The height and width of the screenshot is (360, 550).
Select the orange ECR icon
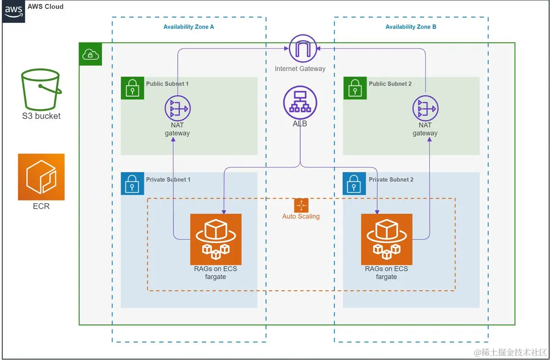pyautogui.click(x=41, y=177)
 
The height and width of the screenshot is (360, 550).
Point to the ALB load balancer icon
pyautogui.click(x=300, y=103)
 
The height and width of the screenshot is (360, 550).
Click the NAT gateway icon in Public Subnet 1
pyautogui.click(x=177, y=109)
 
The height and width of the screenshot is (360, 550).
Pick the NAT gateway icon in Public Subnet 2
pyautogui.click(x=425, y=109)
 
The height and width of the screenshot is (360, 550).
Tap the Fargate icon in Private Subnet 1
pyautogui.click(x=216, y=239)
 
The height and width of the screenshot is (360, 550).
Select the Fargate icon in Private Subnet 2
pyautogui.click(x=386, y=239)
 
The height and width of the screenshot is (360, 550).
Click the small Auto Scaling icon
pyautogui.click(x=301, y=205)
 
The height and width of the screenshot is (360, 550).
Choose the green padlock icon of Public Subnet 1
pyautogui.click(x=132, y=88)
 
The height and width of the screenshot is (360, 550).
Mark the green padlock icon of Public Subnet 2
pyautogui.click(x=355, y=88)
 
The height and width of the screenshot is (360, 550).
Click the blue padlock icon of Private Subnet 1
pyautogui.click(x=132, y=184)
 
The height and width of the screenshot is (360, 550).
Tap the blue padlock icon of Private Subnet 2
pyautogui.click(x=355, y=184)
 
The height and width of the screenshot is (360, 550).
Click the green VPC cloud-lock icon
pyautogui.click(x=90, y=55)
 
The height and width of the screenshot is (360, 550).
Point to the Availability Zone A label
pyautogui.click(x=188, y=27)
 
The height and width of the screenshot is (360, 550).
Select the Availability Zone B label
pyautogui.click(x=411, y=27)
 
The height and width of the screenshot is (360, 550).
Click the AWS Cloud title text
pyautogui.click(x=45, y=7)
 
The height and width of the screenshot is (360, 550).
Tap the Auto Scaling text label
pyautogui.click(x=301, y=216)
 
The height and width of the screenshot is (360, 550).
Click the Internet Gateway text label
pyautogui.click(x=300, y=69)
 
